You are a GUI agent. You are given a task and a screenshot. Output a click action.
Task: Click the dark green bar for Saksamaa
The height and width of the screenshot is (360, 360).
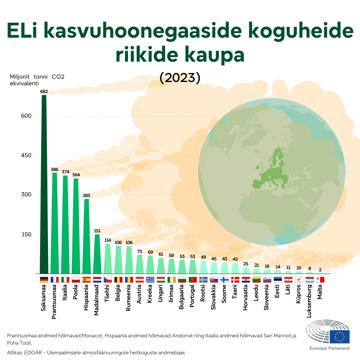(44, 183)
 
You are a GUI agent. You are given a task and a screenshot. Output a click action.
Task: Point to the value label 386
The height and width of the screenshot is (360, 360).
(54, 169)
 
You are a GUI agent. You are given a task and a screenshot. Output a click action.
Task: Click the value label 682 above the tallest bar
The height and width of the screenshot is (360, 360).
(44, 91)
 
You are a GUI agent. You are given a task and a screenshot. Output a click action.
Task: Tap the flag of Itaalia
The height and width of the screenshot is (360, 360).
(65, 280)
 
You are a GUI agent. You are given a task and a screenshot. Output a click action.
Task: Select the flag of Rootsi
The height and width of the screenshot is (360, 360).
(204, 280)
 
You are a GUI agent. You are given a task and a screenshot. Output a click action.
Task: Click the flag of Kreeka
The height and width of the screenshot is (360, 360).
(150, 280)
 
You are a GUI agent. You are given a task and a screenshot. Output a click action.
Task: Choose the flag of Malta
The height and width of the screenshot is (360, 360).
(320, 280)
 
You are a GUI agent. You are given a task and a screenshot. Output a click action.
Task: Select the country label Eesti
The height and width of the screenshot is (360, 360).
(277, 293)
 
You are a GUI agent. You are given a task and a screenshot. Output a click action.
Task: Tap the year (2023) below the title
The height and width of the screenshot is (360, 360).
(180, 78)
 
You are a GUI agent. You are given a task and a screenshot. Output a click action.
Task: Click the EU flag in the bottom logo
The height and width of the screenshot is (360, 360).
(340, 337)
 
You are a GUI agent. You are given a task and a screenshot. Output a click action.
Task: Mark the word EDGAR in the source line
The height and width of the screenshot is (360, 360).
(34, 352)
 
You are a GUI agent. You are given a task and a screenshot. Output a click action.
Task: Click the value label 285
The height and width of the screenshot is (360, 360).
(87, 195)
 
